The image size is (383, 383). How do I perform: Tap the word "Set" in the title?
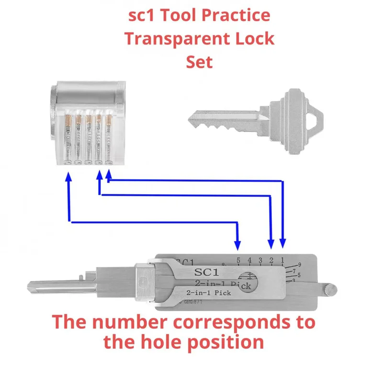tap(199, 62)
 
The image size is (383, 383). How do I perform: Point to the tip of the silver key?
tap(190, 116)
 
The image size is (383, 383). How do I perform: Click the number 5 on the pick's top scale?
tap(238, 260)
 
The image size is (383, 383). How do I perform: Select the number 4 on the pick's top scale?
tap(249, 260)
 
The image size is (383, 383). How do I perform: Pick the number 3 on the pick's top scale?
tap(260, 260)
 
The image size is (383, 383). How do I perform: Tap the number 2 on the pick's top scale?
tap(271, 260)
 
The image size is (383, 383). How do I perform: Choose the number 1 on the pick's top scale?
tap(282, 260)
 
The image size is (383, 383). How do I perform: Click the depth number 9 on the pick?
tap(299, 265)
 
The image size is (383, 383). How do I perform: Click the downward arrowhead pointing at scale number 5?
tap(238, 246)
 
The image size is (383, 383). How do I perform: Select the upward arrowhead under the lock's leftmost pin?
tap(68, 177)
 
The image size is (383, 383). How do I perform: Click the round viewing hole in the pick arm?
tap(248, 281)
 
